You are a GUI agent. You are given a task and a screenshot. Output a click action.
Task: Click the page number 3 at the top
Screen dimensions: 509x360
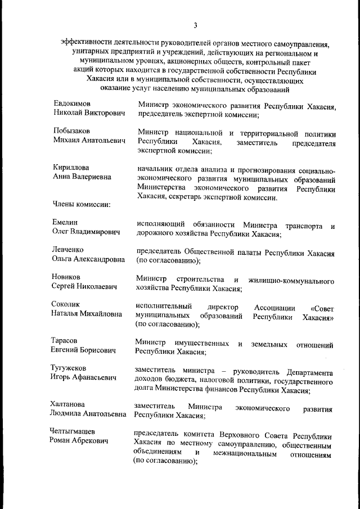195,25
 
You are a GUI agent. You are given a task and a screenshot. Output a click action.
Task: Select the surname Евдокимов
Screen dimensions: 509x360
72,104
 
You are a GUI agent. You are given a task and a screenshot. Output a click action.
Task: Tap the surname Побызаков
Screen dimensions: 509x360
71,130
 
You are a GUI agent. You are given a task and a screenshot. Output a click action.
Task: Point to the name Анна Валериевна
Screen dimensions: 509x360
82,177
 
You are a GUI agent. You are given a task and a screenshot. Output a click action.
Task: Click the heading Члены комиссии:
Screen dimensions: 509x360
81,204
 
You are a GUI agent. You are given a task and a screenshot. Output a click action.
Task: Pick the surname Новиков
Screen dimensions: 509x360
66,277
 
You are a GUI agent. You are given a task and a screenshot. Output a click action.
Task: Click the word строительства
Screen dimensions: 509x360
200,280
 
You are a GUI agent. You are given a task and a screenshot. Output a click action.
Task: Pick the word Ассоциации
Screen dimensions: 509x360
274,308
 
